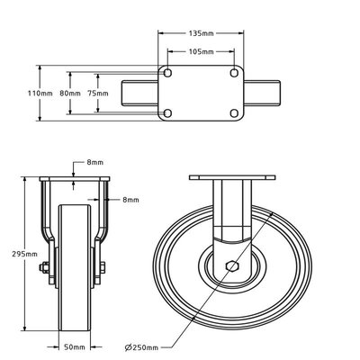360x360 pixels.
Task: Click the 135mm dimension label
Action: click(x=201, y=34)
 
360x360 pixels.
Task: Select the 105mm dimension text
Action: click(x=201, y=52)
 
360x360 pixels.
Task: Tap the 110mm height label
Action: click(x=51, y=93)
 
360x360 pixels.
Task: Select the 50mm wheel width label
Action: click(x=76, y=346)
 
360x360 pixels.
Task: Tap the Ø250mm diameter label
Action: click(x=142, y=346)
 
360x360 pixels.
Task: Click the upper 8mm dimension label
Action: click(x=94, y=163)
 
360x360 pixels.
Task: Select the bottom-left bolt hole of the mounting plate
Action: click(x=167, y=112)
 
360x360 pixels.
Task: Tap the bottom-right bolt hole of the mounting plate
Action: click(x=234, y=112)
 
